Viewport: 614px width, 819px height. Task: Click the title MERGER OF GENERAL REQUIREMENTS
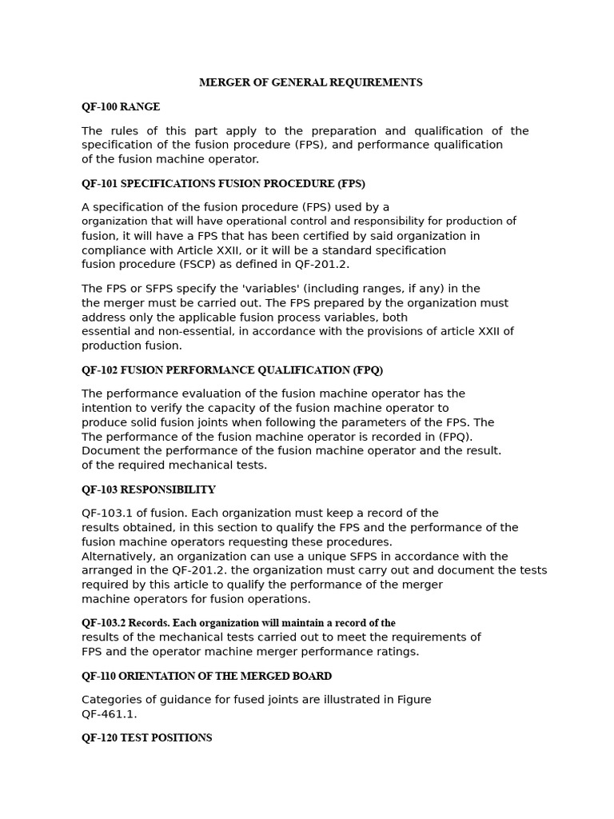(x=310, y=82)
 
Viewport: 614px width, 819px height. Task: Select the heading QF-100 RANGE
(x=121, y=106)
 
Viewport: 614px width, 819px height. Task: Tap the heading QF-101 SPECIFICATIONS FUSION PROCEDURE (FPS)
(x=223, y=183)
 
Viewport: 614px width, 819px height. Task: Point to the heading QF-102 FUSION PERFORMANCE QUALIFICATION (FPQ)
(x=232, y=370)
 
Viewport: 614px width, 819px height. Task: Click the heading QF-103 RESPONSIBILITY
(x=148, y=489)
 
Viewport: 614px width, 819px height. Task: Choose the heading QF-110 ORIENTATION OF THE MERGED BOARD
(x=206, y=676)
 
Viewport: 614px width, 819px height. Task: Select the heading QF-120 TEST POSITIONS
(x=146, y=738)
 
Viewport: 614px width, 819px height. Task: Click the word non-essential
(x=177, y=332)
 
